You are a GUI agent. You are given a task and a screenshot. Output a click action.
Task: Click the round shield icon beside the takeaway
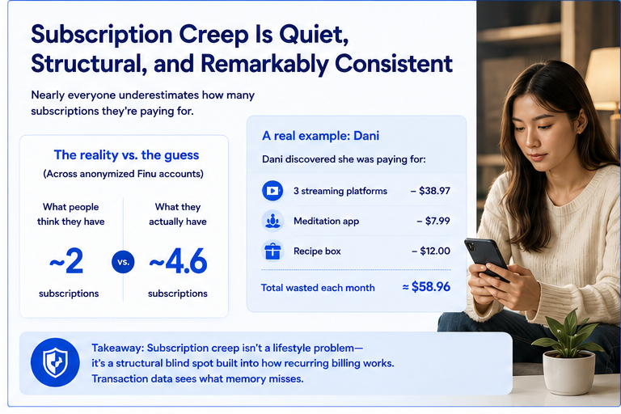(x=55, y=362)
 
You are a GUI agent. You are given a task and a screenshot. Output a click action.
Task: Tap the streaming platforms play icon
(x=272, y=191)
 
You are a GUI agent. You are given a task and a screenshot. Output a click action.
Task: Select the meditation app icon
(x=272, y=221)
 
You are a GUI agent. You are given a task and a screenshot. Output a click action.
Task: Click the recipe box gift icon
(x=272, y=251)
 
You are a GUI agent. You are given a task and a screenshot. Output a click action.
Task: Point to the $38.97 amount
(x=430, y=191)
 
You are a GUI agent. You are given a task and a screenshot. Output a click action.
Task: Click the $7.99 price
(x=433, y=221)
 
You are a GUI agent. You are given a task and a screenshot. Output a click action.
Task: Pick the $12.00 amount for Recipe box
(x=431, y=251)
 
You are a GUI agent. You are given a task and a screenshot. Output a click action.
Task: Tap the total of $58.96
(x=426, y=286)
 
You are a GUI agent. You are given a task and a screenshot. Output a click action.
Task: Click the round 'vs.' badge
(x=123, y=262)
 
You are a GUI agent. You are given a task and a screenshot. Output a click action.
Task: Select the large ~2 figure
(x=66, y=261)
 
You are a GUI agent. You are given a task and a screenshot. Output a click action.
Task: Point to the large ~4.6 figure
(x=178, y=261)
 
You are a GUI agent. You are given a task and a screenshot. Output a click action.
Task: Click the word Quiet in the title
(x=313, y=35)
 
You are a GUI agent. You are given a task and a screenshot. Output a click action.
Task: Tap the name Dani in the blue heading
(x=366, y=136)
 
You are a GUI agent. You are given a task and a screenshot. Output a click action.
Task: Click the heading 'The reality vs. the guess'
(x=126, y=155)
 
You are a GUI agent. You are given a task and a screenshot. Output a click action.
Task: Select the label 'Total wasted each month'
(x=318, y=288)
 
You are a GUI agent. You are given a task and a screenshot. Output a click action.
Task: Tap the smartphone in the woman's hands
(x=486, y=259)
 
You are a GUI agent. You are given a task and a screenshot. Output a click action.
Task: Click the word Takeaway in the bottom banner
(x=116, y=348)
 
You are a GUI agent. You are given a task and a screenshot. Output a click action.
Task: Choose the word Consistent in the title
(x=393, y=64)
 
